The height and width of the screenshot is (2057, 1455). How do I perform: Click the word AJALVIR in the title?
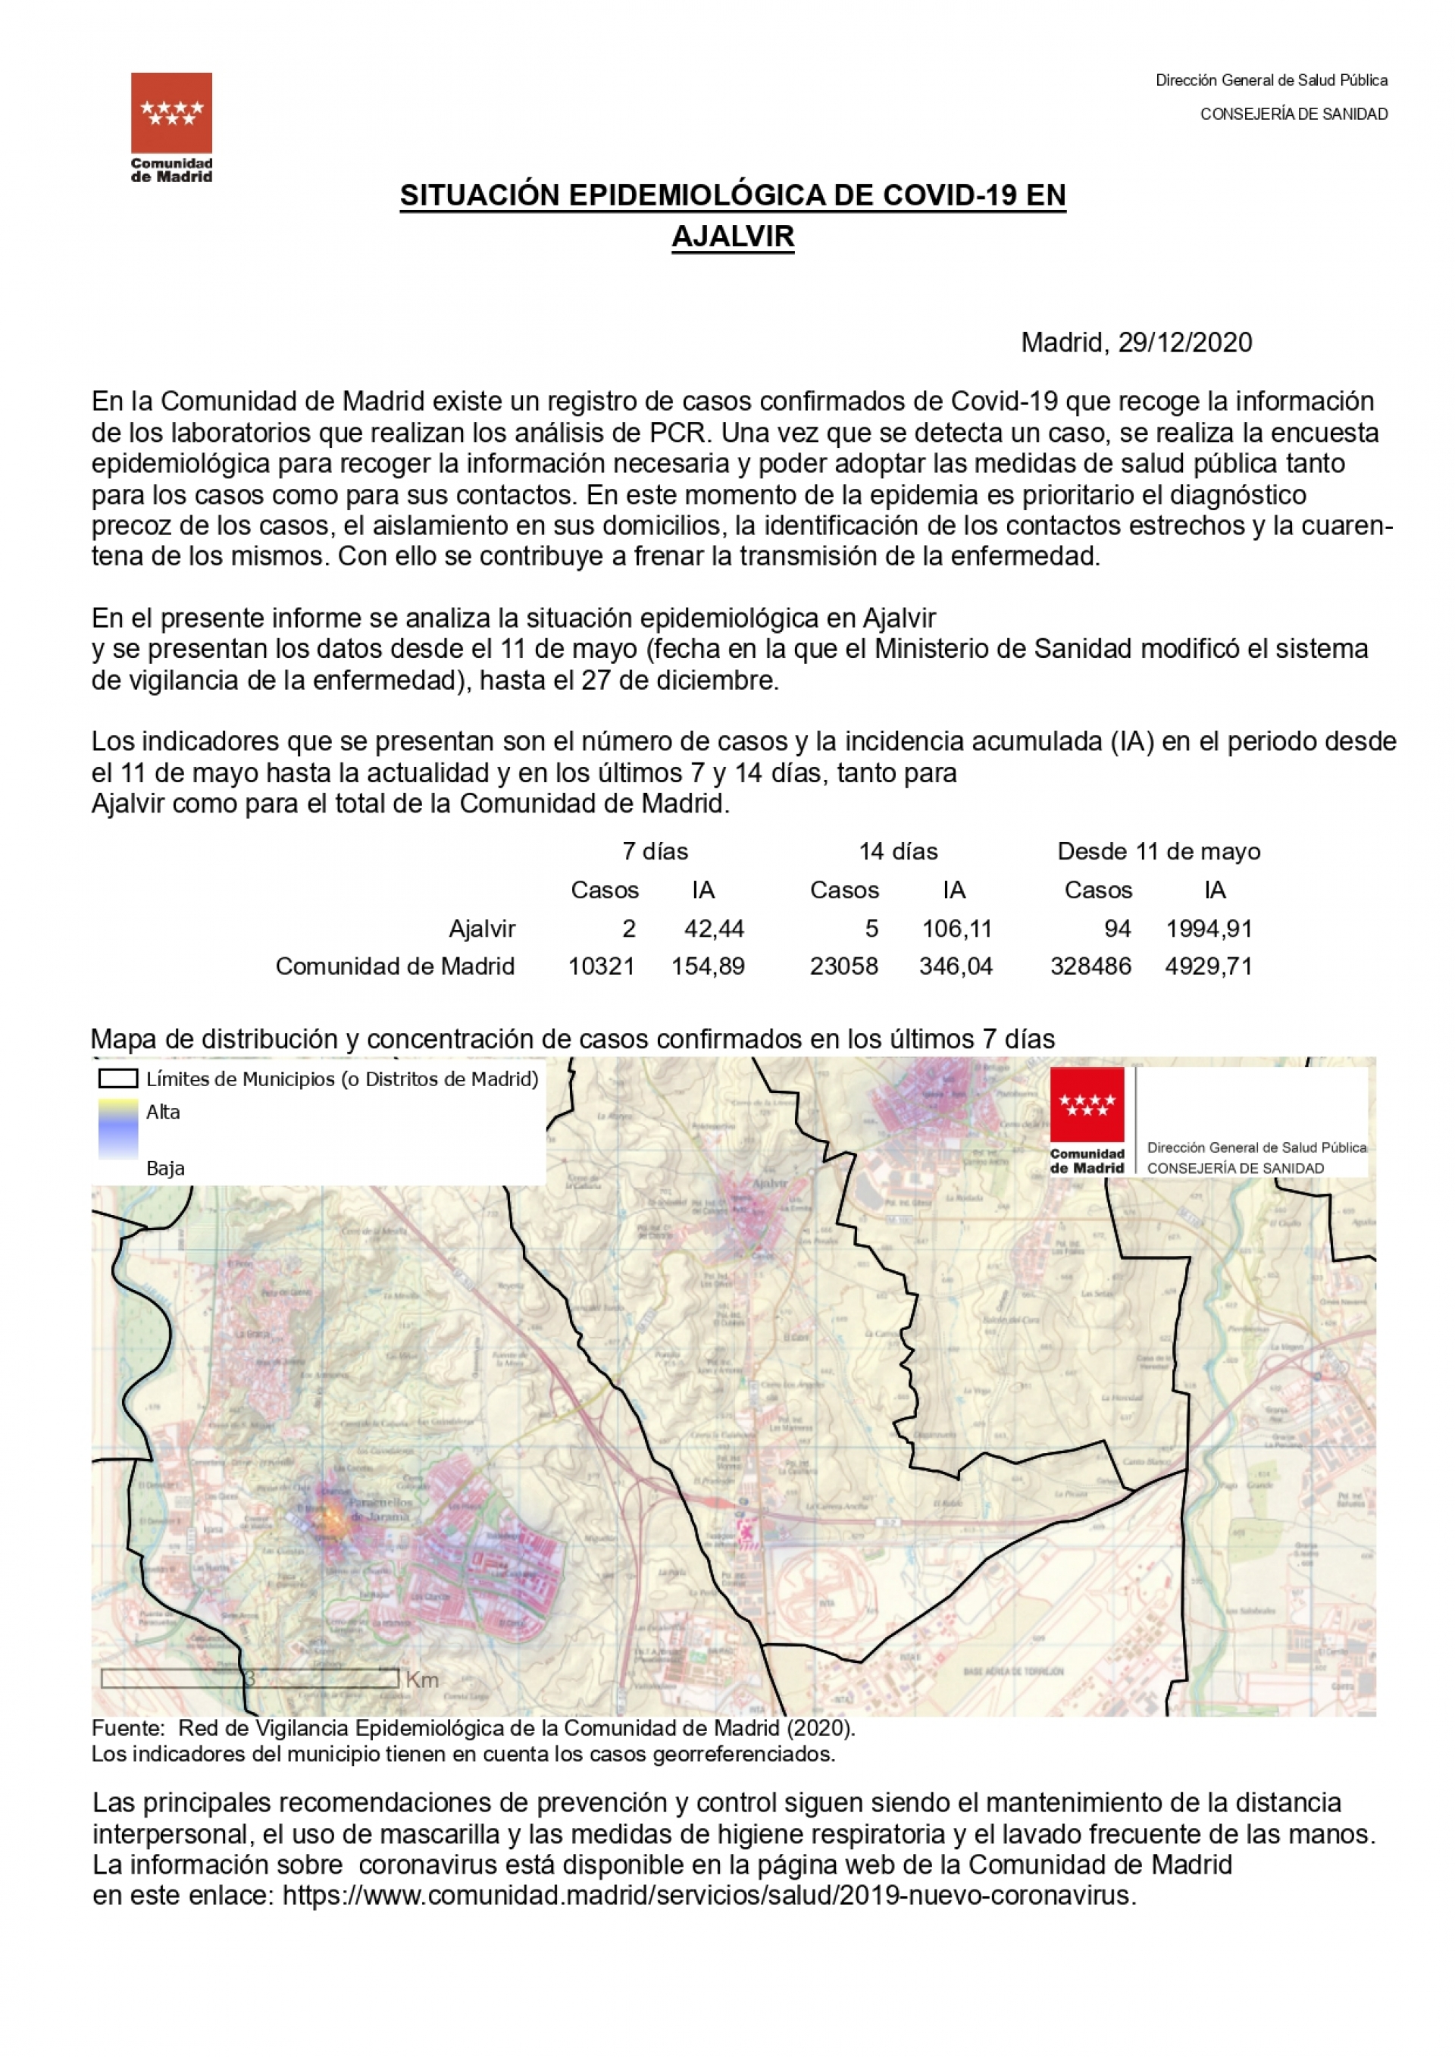(732, 236)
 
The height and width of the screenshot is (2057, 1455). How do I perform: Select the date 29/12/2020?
(1184, 343)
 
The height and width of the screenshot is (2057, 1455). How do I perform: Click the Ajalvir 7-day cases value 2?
(629, 928)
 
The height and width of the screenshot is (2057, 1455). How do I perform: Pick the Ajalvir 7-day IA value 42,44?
(714, 928)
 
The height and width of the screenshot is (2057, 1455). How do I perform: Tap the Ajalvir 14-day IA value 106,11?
(957, 928)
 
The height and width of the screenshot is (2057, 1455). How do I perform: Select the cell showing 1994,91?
(1209, 928)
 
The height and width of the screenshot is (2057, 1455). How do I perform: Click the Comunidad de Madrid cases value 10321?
(601, 966)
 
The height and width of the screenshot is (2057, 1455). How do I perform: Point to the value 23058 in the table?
(844, 966)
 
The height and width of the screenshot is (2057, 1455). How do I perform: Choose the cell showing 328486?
(1090, 966)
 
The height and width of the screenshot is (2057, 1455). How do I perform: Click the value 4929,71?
(1209, 966)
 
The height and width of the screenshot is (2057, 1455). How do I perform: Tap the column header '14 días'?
(898, 851)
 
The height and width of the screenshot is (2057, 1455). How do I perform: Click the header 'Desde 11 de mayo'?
(1159, 851)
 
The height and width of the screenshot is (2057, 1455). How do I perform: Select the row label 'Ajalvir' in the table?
(482, 928)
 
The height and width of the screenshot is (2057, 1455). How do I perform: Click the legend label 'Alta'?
(163, 1112)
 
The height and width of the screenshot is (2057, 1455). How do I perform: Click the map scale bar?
(250, 1678)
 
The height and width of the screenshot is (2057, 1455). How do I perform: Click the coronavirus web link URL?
(708, 1896)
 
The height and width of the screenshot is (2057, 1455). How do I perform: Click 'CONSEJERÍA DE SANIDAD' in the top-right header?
(1294, 114)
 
